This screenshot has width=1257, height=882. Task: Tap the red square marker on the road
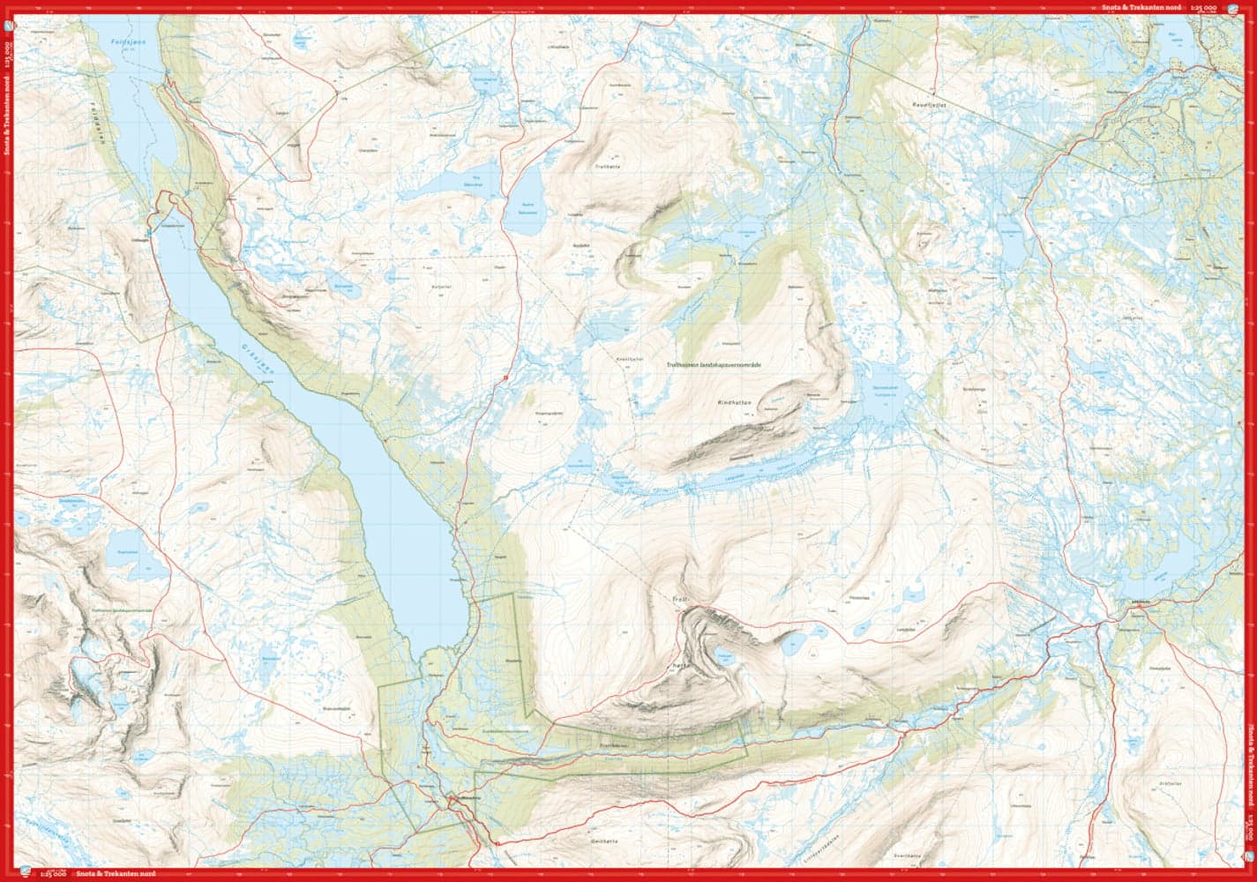point(506,377)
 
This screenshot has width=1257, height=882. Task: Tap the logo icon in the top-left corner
point(8,26)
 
